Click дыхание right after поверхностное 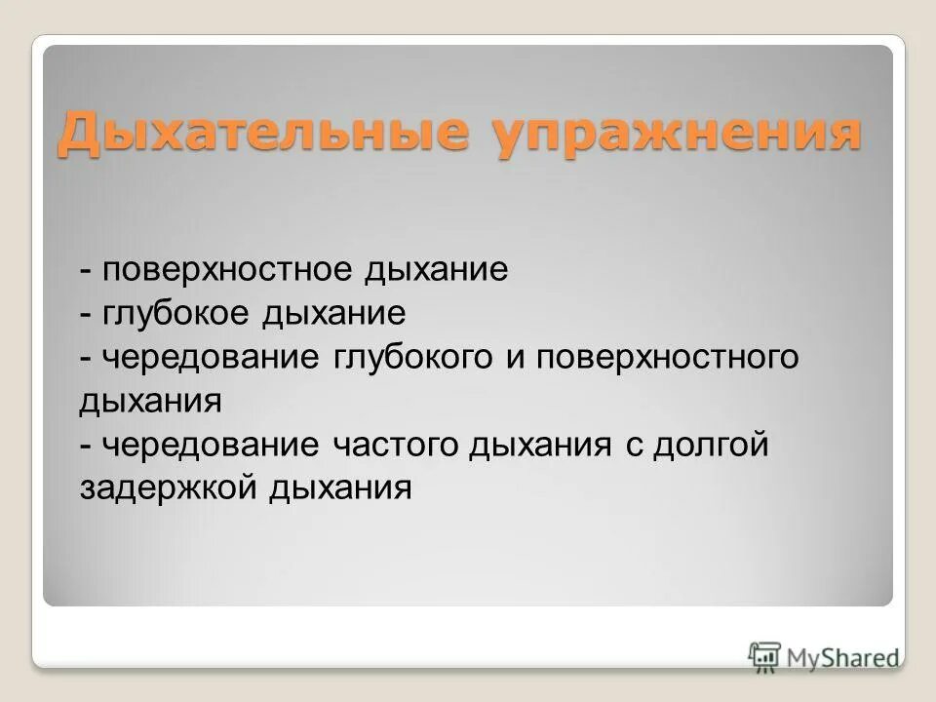pyautogui.click(x=437, y=270)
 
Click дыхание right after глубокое pyautogui.click(x=332, y=314)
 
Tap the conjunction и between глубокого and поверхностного pyautogui.click(x=515, y=358)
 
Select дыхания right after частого pyautogui.click(x=540, y=445)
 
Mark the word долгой pyautogui.click(x=712, y=445)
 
